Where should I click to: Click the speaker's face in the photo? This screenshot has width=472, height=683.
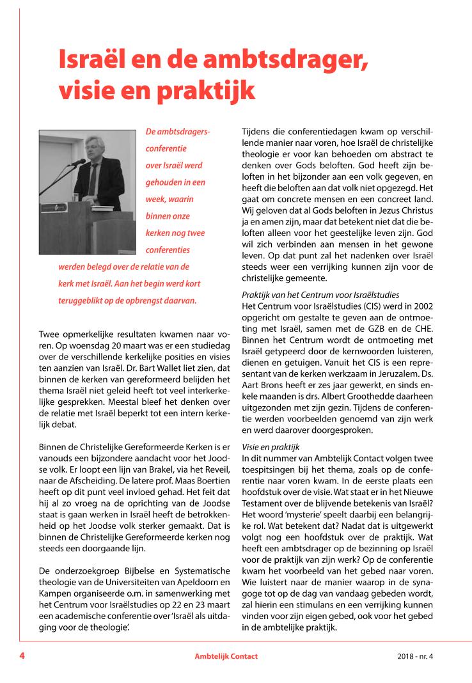tap(97, 148)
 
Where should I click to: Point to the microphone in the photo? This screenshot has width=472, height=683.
tap(77, 162)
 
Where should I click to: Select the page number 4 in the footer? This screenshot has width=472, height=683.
tap(22, 656)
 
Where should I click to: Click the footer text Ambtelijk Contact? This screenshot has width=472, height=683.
tap(226, 657)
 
